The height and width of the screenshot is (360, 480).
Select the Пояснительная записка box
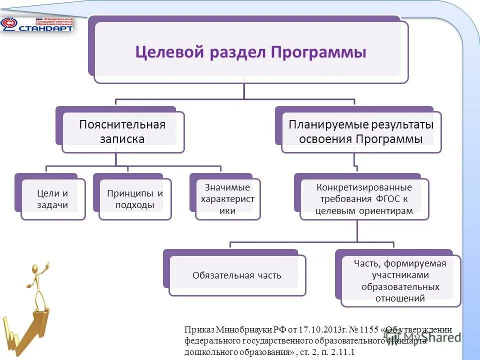coord(122,131)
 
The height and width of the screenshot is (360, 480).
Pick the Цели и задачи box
coord(52,199)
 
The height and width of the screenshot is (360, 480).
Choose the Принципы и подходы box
coord(134,199)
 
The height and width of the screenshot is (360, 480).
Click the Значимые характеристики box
coord(227,199)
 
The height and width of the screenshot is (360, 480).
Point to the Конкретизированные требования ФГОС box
coord(364,199)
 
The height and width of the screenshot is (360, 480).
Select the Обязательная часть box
coord(237,275)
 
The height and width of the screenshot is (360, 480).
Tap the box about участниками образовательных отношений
coord(400,281)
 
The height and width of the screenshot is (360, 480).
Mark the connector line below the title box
coord(244,90)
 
